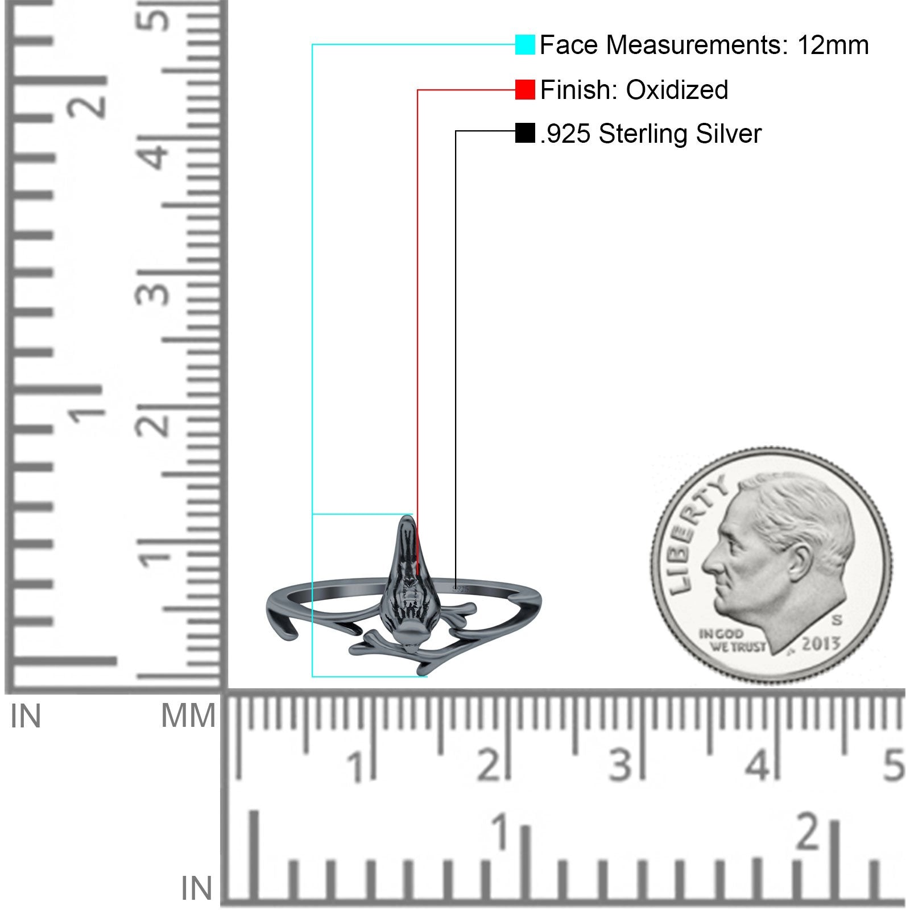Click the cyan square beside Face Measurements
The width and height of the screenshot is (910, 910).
(525, 45)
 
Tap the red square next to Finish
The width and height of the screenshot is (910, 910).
(525, 90)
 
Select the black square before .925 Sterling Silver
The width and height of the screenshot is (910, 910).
(525, 133)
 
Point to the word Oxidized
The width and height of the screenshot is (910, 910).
(677, 90)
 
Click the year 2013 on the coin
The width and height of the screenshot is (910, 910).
(821, 644)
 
